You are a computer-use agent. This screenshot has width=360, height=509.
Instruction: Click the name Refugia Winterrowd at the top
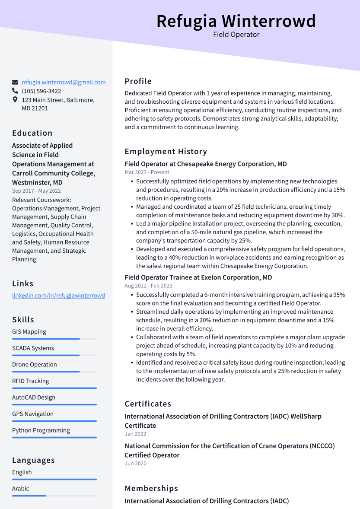pyautogui.click(x=236, y=21)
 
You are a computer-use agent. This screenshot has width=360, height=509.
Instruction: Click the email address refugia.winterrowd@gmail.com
pyautogui.click(x=64, y=82)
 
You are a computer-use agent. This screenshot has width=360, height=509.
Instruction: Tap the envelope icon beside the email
pyautogui.click(x=15, y=82)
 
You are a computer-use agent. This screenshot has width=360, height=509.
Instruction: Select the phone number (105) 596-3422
pyautogui.click(x=41, y=91)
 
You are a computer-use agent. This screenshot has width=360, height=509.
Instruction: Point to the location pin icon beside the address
pyautogui.click(x=15, y=100)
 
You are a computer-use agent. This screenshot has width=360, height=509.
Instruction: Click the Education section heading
pyautogui.click(x=32, y=133)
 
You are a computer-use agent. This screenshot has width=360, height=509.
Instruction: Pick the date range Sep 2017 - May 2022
pyautogui.click(x=36, y=191)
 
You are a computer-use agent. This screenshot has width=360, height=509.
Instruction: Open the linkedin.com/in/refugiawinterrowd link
pyautogui.click(x=58, y=296)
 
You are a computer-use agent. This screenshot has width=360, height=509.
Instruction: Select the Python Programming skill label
pyautogui.click(x=41, y=430)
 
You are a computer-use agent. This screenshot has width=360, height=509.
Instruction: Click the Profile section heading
pyautogui.click(x=138, y=81)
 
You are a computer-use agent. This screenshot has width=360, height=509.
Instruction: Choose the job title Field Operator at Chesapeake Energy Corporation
pyautogui.click(x=206, y=164)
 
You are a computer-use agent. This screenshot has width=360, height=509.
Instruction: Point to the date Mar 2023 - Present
pyautogui.click(x=147, y=172)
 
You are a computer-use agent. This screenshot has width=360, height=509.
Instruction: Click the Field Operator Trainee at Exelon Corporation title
pyautogui.click(x=198, y=277)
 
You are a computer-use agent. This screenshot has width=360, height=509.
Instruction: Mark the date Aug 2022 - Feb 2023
pyautogui.click(x=148, y=286)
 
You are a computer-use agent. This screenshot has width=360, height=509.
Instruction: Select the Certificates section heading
pyautogui.click(x=148, y=404)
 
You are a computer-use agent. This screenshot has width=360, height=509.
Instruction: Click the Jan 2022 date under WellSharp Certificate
pyautogui.click(x=135, y=434)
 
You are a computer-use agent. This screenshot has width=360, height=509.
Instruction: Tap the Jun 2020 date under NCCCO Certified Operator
pyautogui.click(x=135, y=464)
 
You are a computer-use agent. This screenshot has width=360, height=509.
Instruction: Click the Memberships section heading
pyautogui.click(x=151, y=488)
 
